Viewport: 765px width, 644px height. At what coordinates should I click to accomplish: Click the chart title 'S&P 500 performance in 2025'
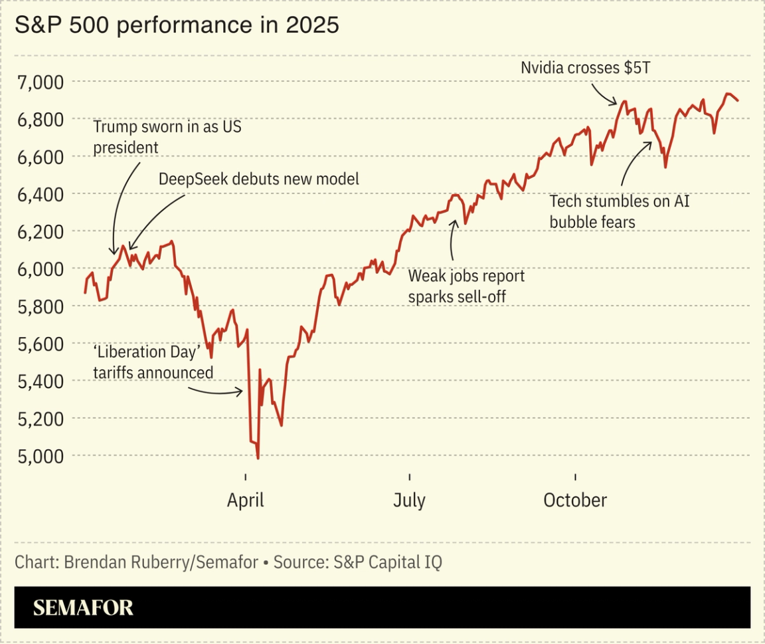click(177, 25)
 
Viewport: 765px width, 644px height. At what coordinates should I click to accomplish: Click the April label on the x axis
click(245, 500)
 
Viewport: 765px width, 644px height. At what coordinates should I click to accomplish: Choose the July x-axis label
click(409, 500)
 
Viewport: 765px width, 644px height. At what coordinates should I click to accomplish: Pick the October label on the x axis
click(575, 500)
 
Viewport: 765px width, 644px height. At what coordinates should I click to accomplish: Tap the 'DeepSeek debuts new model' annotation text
click(258, 179)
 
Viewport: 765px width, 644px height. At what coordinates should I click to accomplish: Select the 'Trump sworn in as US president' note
click(166, 137)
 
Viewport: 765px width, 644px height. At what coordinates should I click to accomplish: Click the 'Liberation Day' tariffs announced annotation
click(153, 362)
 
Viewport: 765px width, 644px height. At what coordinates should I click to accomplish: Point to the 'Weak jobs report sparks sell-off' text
click(466, 286)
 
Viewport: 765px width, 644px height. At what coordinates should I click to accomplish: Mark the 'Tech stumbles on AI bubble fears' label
click(619, 211)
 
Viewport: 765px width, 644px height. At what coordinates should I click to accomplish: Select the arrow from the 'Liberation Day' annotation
click(216, 391)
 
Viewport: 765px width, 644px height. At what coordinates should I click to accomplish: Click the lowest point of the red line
click(258, 458)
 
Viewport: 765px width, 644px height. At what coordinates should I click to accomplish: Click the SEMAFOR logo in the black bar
click(83, 607)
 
